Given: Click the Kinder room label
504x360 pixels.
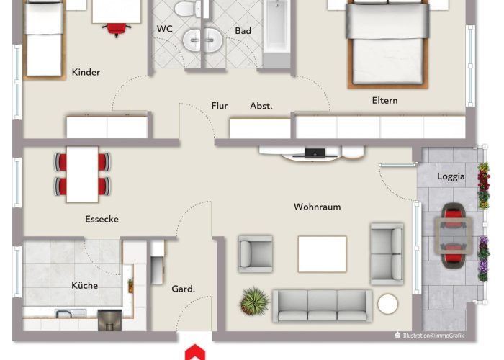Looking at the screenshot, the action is click(86, 72).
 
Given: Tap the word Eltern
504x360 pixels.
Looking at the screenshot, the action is click(384, 101).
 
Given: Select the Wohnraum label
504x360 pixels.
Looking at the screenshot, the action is click(317, 207).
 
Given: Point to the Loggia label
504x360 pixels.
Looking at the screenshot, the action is click(451, 176).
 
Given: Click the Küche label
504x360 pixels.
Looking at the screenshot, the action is click(84, 285).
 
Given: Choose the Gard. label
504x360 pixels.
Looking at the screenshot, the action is click(183, 289).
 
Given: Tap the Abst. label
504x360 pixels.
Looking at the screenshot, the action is click(261, 106).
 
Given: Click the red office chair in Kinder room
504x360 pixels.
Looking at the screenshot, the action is click(117, 30).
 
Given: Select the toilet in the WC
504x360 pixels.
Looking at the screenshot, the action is click(187, 9).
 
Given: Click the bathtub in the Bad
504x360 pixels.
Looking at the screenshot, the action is click(276, 32).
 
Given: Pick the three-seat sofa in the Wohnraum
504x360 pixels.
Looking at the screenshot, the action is click(322, 306).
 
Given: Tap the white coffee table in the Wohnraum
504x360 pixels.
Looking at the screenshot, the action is click(322, 254).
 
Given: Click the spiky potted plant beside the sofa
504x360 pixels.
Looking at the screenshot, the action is click(254, 301).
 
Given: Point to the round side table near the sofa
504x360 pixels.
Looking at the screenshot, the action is click(387, 304).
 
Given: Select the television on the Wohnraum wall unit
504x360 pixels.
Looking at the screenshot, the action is click(315, 153).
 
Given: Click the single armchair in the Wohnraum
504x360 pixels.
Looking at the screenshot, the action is click(255, 254).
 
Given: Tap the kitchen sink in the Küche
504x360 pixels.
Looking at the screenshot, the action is click(71, 313).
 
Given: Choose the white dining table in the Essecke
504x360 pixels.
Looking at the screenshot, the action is click(82, 174).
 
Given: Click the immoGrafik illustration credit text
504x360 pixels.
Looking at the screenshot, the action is click(429, 336).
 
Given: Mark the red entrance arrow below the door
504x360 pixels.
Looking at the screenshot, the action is click(195, 352).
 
